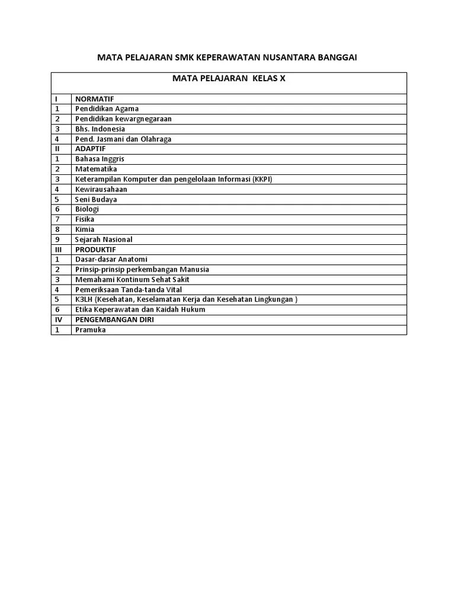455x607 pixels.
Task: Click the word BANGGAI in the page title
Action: click(336, 57)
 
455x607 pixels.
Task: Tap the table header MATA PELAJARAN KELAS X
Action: click(229, 78)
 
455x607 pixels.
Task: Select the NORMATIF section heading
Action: click(94, 98)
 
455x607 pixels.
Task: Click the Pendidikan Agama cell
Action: click(107, 108)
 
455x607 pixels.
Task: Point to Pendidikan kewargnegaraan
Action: click(123, 119)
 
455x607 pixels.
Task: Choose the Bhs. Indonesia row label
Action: click(100, 129)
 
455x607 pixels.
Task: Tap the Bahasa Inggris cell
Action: click(100, 159)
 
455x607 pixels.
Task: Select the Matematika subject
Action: click(96, 169)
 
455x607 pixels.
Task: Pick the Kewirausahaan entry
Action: click(101, 189)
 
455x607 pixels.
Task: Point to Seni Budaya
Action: click(96, 199)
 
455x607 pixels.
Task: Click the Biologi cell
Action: click(87, 209)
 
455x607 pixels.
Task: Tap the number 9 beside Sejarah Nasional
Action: click(57, 239)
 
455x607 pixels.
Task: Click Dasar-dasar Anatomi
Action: click(111, 260)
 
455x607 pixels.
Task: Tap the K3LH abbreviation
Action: click(84, 300)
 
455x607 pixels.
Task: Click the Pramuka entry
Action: click(91, 330)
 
